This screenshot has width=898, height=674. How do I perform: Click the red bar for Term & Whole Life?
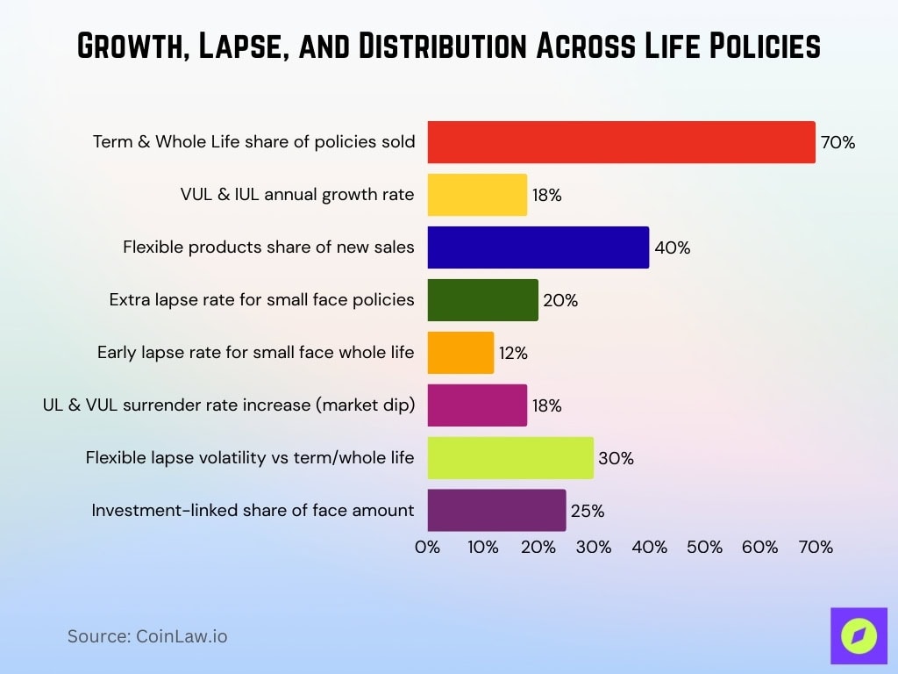621,142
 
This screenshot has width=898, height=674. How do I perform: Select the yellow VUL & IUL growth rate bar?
477,195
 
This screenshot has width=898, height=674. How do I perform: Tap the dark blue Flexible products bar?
538,247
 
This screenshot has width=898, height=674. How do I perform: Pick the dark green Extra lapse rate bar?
482,300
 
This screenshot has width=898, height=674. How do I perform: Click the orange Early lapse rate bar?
460,353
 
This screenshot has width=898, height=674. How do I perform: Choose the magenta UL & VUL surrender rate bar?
477,405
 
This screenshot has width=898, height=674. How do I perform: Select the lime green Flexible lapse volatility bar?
510,458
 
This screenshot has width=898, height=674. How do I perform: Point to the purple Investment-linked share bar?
496,511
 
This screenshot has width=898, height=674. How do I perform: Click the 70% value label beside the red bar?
837,142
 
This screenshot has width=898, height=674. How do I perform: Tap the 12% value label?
513,354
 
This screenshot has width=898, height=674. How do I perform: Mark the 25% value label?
587,511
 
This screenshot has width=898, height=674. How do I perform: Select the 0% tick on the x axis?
427,547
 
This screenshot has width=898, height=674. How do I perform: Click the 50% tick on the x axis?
704,547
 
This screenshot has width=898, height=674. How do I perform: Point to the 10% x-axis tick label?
482,547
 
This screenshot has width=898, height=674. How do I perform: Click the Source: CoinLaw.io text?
147,636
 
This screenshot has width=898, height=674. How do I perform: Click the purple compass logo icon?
858,636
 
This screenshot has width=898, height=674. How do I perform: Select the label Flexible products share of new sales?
268,247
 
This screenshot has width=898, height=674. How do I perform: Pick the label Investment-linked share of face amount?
253,511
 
